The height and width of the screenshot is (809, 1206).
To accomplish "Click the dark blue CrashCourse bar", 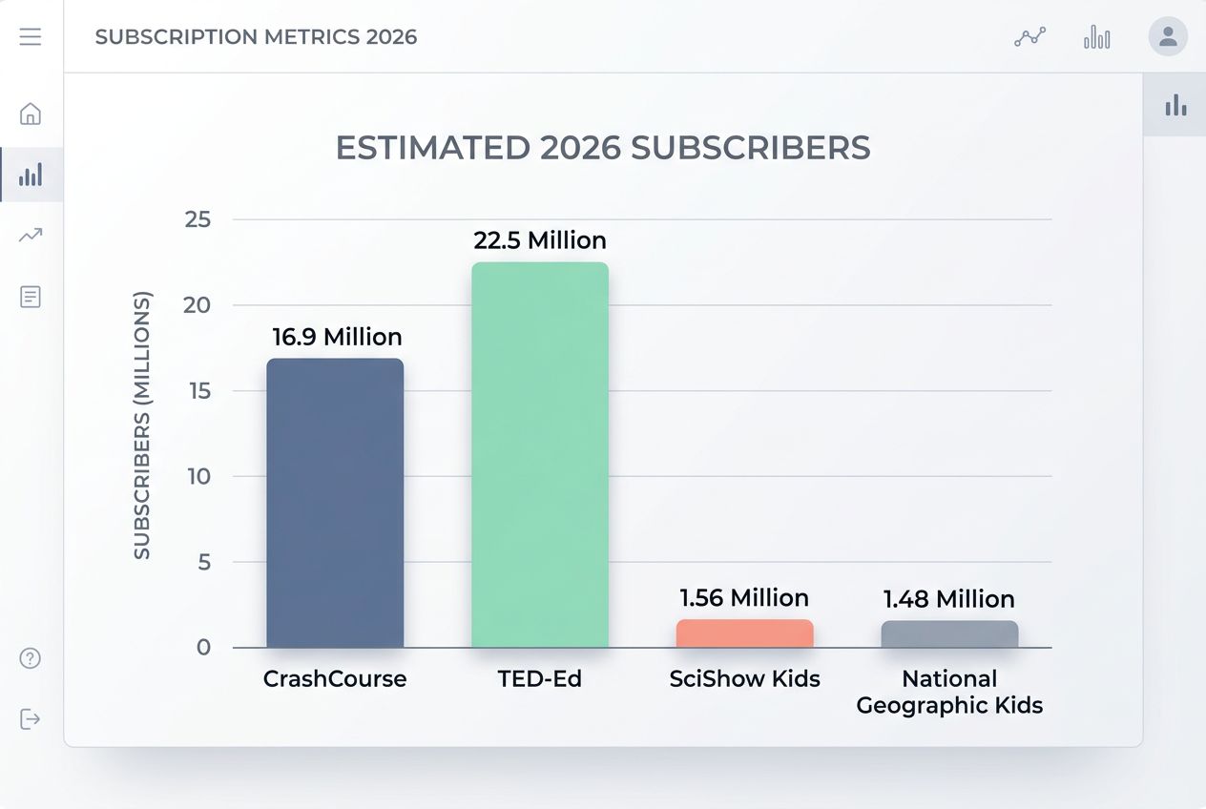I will point(335,503).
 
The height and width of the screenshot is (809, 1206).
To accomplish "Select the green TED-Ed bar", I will point(540,455).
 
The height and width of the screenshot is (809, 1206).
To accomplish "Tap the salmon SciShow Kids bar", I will point(745,633).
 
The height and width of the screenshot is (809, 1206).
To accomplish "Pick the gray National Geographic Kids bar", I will point(949,634).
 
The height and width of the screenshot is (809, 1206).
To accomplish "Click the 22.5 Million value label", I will point(540,240).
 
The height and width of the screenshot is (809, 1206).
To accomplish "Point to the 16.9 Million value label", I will point(337,337).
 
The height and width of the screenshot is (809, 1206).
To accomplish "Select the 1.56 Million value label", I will point(744,598).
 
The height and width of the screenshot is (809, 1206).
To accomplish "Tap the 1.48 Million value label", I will point(948,599).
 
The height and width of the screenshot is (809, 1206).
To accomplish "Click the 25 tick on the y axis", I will point(198,219).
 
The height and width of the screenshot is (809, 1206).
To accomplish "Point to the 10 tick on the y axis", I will point(198,476).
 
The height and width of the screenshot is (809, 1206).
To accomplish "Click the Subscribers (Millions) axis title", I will point(142,425).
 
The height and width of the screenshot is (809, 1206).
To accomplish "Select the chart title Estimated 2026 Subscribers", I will point(603,148).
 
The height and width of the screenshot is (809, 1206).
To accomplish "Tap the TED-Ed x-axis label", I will point(540,679).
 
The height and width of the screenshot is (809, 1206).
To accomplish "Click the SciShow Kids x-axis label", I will point(744,679).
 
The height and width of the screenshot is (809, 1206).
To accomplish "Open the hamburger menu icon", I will point(31,37).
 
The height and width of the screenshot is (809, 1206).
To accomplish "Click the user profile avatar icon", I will point(1168,37).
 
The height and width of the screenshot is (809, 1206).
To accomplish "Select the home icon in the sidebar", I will point(31,114).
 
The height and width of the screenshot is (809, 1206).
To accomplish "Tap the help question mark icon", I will point(31,658).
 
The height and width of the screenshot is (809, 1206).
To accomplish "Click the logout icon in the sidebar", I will point(31,719).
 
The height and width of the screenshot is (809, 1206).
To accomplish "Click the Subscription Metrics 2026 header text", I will point(256,37).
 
